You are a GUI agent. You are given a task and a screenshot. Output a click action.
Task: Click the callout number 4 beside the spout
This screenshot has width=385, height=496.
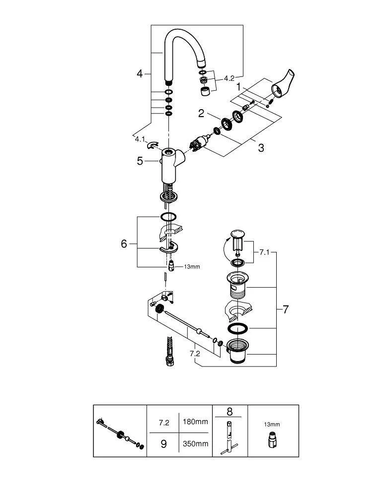(140, 74)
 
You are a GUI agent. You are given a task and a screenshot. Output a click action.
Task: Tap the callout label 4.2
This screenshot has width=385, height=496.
(229, 78)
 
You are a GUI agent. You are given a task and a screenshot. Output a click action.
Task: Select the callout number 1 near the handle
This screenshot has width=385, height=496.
(238, 87)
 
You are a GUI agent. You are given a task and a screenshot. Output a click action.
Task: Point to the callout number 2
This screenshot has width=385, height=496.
(201, 113)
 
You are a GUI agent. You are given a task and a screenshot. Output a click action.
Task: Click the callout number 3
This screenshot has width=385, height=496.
(261, 148)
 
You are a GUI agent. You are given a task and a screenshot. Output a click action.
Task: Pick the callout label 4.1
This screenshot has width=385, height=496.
(140, 139)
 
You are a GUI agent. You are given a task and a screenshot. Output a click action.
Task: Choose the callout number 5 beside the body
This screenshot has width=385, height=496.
(140, 161)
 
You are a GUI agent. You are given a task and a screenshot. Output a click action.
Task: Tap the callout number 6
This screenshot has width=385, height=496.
(124, 244)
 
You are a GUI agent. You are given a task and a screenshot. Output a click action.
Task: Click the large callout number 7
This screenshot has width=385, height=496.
(286, 309)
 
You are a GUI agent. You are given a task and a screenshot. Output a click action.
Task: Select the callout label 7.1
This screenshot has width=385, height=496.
(264, 252)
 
